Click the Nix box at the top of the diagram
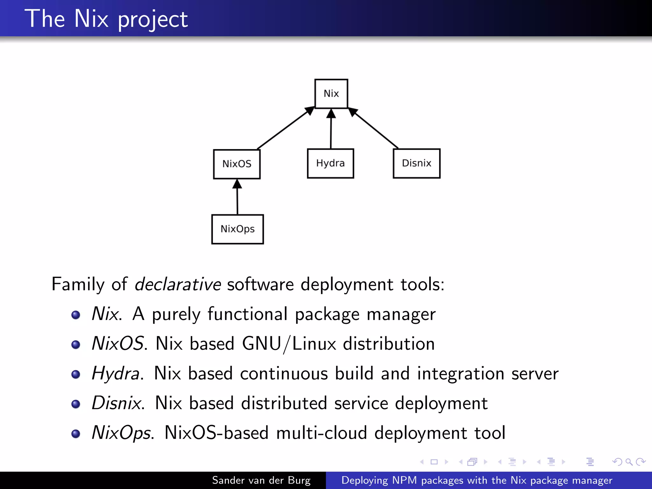click(331, 94)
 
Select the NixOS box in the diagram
click(237, 164)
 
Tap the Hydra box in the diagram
click(330, 163)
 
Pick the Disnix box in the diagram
click(416, 163)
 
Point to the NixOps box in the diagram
click(237, 229)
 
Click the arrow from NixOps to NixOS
click(237, 197)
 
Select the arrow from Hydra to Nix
click(331, 129)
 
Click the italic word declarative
click(178, 284)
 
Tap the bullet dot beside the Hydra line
click(76, 374)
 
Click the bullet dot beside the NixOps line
click(76, 434)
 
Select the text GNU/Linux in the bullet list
click(289, 344)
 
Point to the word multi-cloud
click(322, 433)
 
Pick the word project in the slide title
click(153, 20)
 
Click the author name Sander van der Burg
click(261, 480)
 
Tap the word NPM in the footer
click(404, 480)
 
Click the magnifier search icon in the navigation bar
click(629, 462)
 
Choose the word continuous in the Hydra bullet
click(284, 373)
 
